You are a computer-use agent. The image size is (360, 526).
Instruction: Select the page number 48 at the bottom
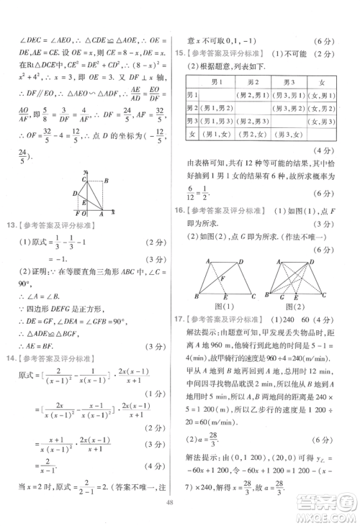180,504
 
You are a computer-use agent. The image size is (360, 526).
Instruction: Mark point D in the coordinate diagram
75,193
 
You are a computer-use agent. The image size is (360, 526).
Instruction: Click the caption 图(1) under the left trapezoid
222,307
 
